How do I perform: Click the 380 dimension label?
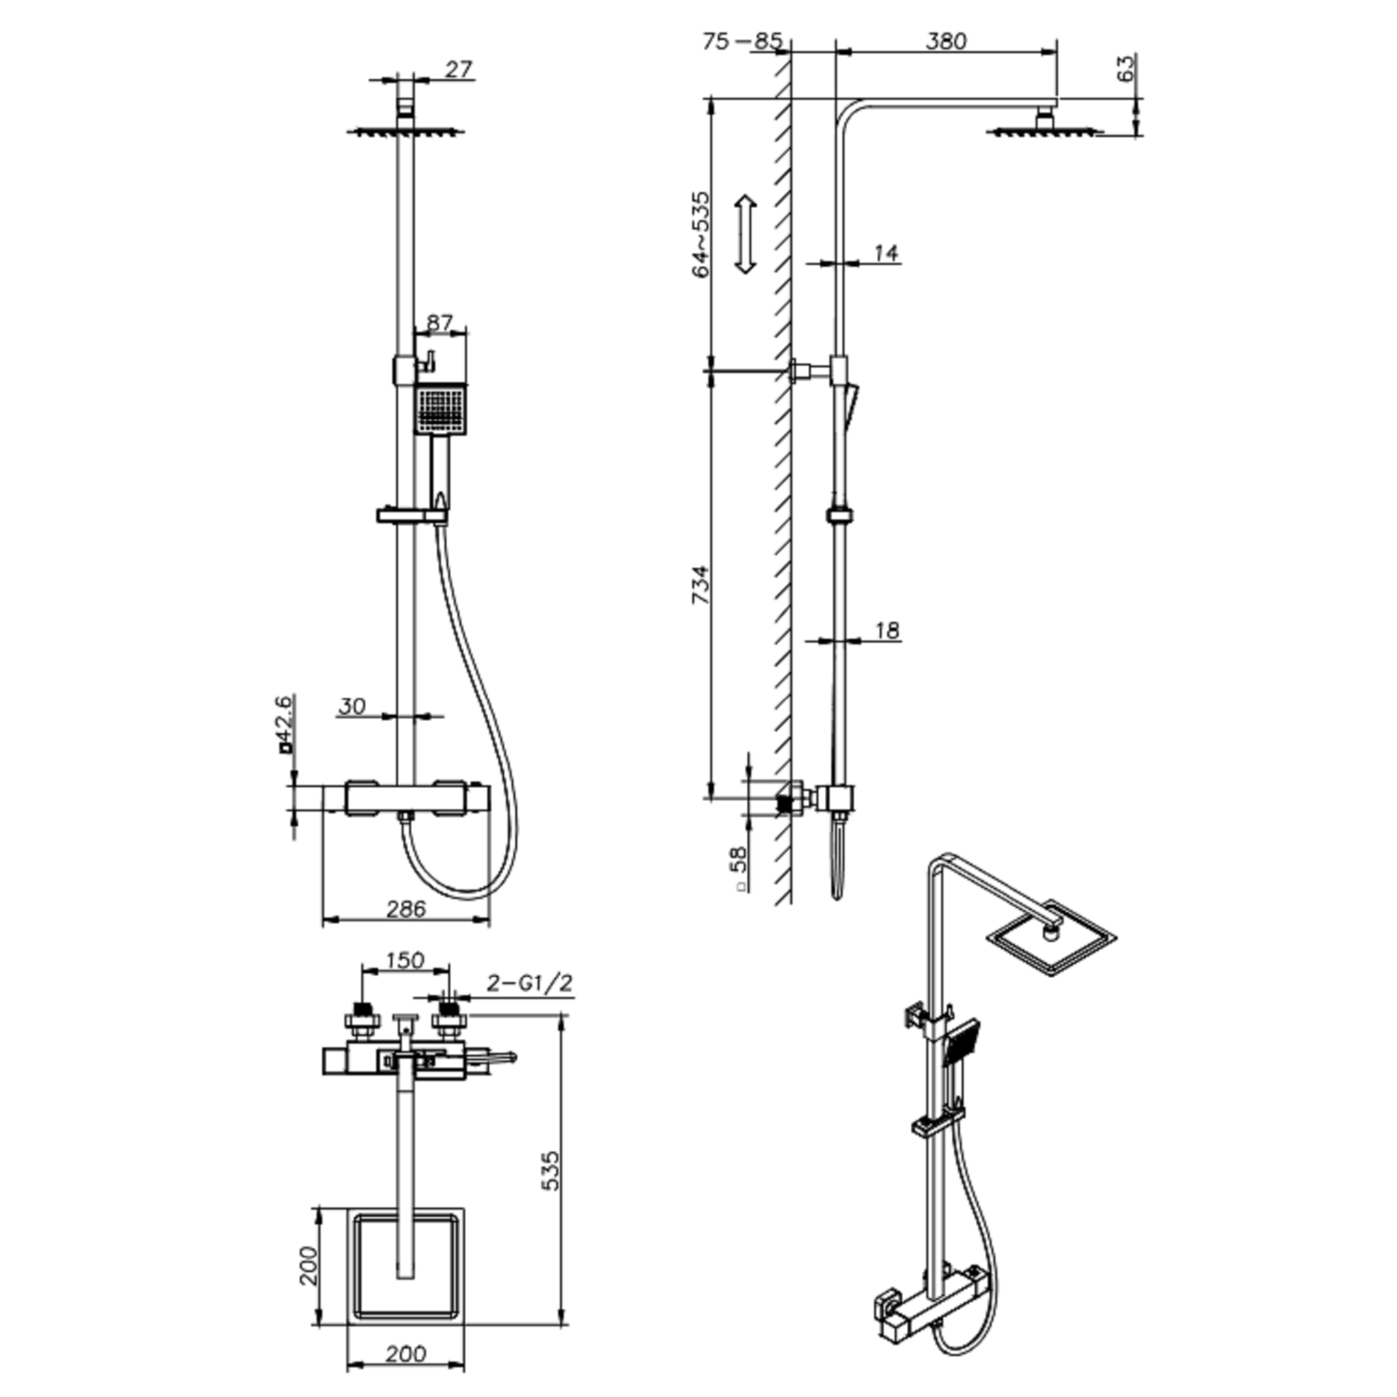[946, 42]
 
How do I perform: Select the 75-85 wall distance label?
[742, 42]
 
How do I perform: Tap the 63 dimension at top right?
[1126, 68]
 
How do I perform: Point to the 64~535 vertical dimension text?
[700, 234]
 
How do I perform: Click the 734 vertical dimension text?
[700, 585]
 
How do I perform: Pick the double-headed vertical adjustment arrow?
[745, 235]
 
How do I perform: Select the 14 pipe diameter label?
[886, 252]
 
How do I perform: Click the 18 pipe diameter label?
[887, 631]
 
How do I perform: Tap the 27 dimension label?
[458, 70]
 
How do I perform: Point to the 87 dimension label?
[439, 323]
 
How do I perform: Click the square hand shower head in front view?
[441, 409]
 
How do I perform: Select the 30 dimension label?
[352, 707]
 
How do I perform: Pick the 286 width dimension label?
[405, 909]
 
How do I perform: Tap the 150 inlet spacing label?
[404, 960]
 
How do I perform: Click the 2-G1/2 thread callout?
[530, 983]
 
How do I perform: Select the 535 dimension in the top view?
[550, 1171]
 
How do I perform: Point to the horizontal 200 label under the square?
[405, 1353]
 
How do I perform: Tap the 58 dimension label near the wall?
[739, 862]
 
